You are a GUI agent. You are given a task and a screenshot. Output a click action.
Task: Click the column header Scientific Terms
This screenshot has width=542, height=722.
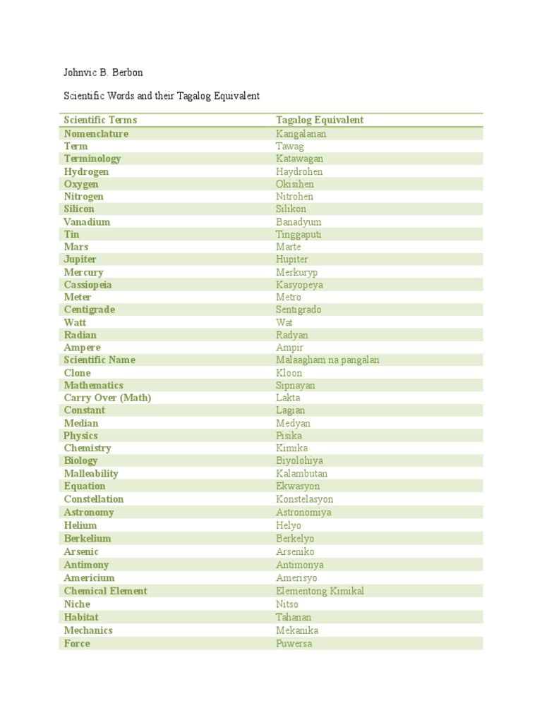pyautogui.click(x=100, y=121)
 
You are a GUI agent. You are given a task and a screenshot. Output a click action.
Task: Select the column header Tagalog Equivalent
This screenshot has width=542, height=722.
pyautogui.click(x=320, y=121)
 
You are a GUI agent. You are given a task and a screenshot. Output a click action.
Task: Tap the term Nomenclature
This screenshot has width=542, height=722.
pyautogui.click(x=96, y=133)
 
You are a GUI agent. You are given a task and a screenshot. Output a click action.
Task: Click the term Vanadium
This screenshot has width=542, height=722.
pyautogui.click(x=87, y=221)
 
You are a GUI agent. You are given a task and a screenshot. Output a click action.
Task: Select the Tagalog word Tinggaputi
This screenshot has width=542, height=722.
pyautogui.click(x=299, y=234)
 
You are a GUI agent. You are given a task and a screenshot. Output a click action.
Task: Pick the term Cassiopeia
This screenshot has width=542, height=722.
pyautogui.click(x=88, y=285)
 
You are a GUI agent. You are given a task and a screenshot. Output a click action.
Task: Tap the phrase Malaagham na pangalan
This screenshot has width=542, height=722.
pyautogui.click(x=327, y=360)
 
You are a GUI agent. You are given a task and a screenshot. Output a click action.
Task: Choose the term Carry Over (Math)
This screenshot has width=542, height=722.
pyautogui.click(x=107, y=398)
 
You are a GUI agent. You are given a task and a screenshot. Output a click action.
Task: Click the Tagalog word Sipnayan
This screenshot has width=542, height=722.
pyautogui.click(x=296, y=386)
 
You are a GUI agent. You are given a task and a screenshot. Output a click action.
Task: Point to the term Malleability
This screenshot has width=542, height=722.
pyautogui.click(x=91, y=474)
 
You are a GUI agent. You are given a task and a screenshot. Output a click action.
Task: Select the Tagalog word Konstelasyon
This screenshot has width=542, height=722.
pyautogui.click(x=304, y=499)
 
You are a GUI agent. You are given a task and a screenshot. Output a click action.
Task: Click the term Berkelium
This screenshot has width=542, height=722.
pyautogui.click(x=88, y=539)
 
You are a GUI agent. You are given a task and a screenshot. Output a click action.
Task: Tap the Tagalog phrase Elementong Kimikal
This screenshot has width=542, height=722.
pyautogui.click(x=320, y=591)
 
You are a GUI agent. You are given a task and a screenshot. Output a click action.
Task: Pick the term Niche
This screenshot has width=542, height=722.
pyautogui.click(x=77, y=604)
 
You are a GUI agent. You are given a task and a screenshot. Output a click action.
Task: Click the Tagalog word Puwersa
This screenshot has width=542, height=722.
pyautogui.click(x=294, y=644)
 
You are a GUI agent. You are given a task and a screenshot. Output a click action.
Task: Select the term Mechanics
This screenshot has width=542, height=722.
pyautogui.click(x=88, y=630)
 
